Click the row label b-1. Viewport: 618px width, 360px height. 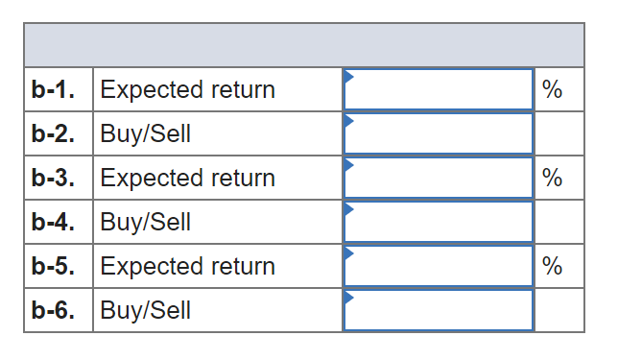click(x=54, y=90)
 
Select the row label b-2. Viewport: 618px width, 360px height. click(x=54, y=134)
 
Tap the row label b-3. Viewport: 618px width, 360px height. click(x=54, y=179)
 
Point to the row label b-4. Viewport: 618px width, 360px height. click(x=54, y=223)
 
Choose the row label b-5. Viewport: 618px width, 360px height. click(x=54, y=267)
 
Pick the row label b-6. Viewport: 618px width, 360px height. click(x=54, y=311)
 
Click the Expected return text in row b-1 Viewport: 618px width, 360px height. click(x=187, y=90)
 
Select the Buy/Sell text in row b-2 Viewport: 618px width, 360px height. click(x=146, y=134)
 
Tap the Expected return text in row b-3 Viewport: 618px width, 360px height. click(x=187, y=179)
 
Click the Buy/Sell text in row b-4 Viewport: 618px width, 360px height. click(x=146, y=223)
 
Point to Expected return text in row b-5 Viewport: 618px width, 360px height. click(x=187, y=267)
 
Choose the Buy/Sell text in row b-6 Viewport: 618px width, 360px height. click(x=146, y=311)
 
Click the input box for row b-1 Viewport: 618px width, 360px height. click(x=438, y=90)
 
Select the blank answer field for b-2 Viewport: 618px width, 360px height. click(x=438, y=134)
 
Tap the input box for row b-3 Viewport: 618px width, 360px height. click(x=438, y=179)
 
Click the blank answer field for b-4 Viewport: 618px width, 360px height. click(x=438, y=223)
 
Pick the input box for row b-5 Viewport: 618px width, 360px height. click(x=438, y=267)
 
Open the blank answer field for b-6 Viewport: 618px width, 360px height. click(x=438, y=311)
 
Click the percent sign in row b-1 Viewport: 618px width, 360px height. click(x=552, y=90)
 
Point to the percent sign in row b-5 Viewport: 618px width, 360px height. click(x=552, y=267)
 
